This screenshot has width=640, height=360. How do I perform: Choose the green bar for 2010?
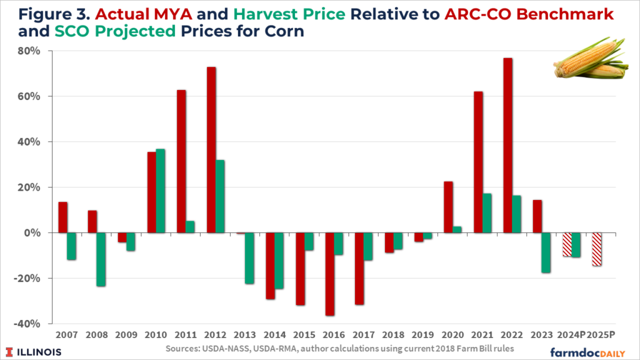click(161, 191)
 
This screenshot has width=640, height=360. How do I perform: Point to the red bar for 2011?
click(181, 161)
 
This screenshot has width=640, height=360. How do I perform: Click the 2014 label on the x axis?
click(275, 334)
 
